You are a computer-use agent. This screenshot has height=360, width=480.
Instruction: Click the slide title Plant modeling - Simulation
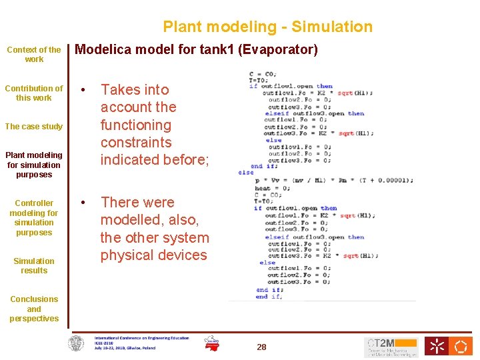point(267,27)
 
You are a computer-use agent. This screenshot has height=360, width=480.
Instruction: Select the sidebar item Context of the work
point(34,54)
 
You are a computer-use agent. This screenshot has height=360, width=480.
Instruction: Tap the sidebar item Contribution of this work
point(34,93)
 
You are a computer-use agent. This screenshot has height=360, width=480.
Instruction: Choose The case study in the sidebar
point(34,126)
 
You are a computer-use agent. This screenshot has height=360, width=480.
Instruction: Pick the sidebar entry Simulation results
point(34,265)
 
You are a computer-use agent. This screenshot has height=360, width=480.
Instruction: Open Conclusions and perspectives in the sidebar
point(34,309)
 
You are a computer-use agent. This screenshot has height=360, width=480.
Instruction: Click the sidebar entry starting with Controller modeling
point(34,217)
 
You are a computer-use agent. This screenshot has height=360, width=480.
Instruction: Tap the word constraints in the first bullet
point(136,142)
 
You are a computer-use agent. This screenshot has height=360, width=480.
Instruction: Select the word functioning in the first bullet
point(136,125)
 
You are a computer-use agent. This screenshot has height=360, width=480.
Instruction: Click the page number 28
point(261,347)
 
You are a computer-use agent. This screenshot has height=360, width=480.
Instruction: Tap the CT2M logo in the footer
point(391,347)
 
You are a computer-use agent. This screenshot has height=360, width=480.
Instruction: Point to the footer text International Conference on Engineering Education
point(141,338)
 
